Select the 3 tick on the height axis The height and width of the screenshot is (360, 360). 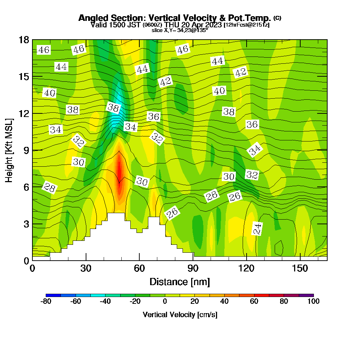[26, 224]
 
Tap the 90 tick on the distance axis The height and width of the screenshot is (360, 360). [193, 269]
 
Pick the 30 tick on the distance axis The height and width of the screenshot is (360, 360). [86, 269]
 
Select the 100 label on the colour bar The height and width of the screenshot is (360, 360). [314, 301]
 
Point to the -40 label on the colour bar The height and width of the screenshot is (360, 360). [105, 301]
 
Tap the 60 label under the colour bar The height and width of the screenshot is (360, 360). [254, 301]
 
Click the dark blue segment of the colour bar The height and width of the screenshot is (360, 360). [53, 295]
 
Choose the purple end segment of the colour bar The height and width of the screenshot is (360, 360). [306, 295]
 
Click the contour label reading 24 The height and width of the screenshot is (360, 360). [257, 229]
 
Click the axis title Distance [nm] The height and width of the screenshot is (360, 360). [180, 281]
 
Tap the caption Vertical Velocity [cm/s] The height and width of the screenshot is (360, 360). [180, 315]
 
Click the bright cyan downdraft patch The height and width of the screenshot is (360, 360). [116, 115]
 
